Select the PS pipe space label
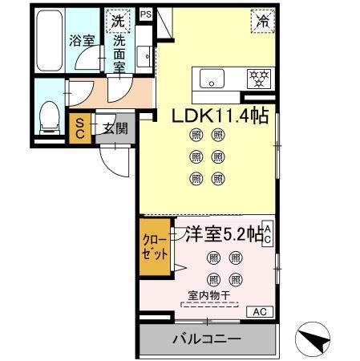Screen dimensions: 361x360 click(x=145, y=14)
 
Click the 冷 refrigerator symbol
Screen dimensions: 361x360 click(x=261, y=22)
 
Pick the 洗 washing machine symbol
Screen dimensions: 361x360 click(x=119, y=21)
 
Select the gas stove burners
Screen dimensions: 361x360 click(x=257, y=78)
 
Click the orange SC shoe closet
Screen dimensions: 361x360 click(x=80, y=129)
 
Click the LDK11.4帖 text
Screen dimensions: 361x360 click(x=219, y=116)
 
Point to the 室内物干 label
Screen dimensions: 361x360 click(x=209, y=295)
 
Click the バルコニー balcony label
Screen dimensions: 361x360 click(x=207, y=339)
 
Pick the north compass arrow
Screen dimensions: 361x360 click(x=318, y=338)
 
